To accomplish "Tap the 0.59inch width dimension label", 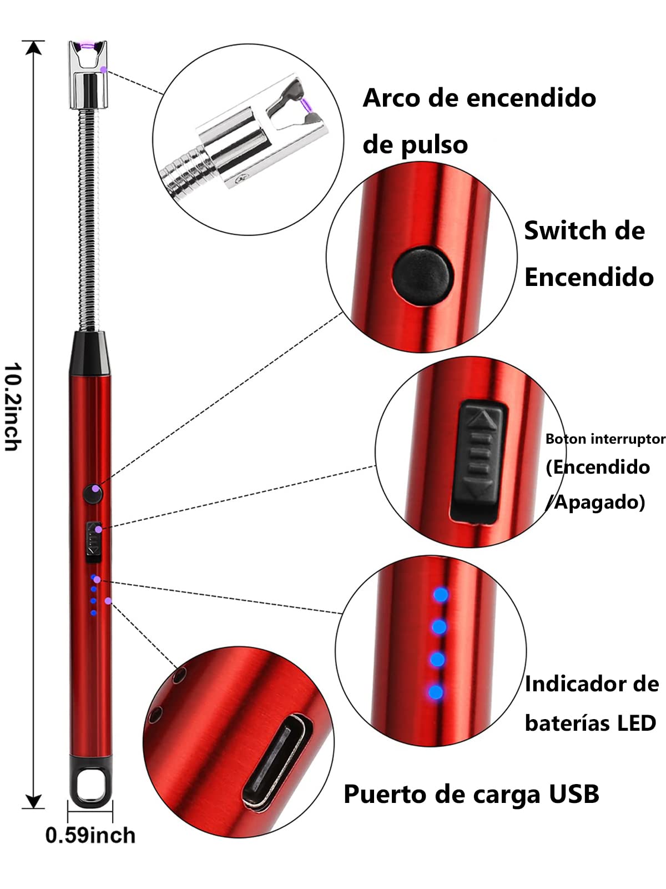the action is [x=90, y=836].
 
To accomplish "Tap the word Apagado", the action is [x=599, y=502].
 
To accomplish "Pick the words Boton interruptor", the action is [x=606, y=439].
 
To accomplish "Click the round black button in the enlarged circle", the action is [x=423, y=276].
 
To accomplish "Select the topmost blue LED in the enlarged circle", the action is [x=441, y=595].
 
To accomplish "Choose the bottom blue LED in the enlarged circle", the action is [x=436, y=692].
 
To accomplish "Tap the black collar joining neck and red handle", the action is [x=90, y=353].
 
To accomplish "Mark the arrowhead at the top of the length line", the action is [x=34, y=47].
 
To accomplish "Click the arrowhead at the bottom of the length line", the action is [x=34, y=801].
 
